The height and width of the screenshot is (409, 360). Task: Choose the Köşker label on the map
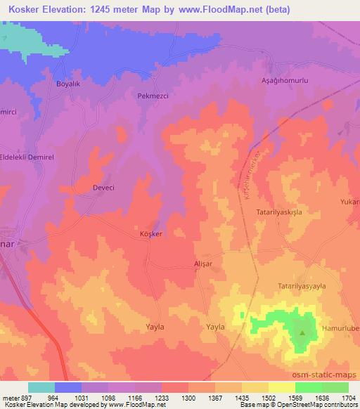click(151, 234)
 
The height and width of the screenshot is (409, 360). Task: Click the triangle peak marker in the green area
click(303, 333)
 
